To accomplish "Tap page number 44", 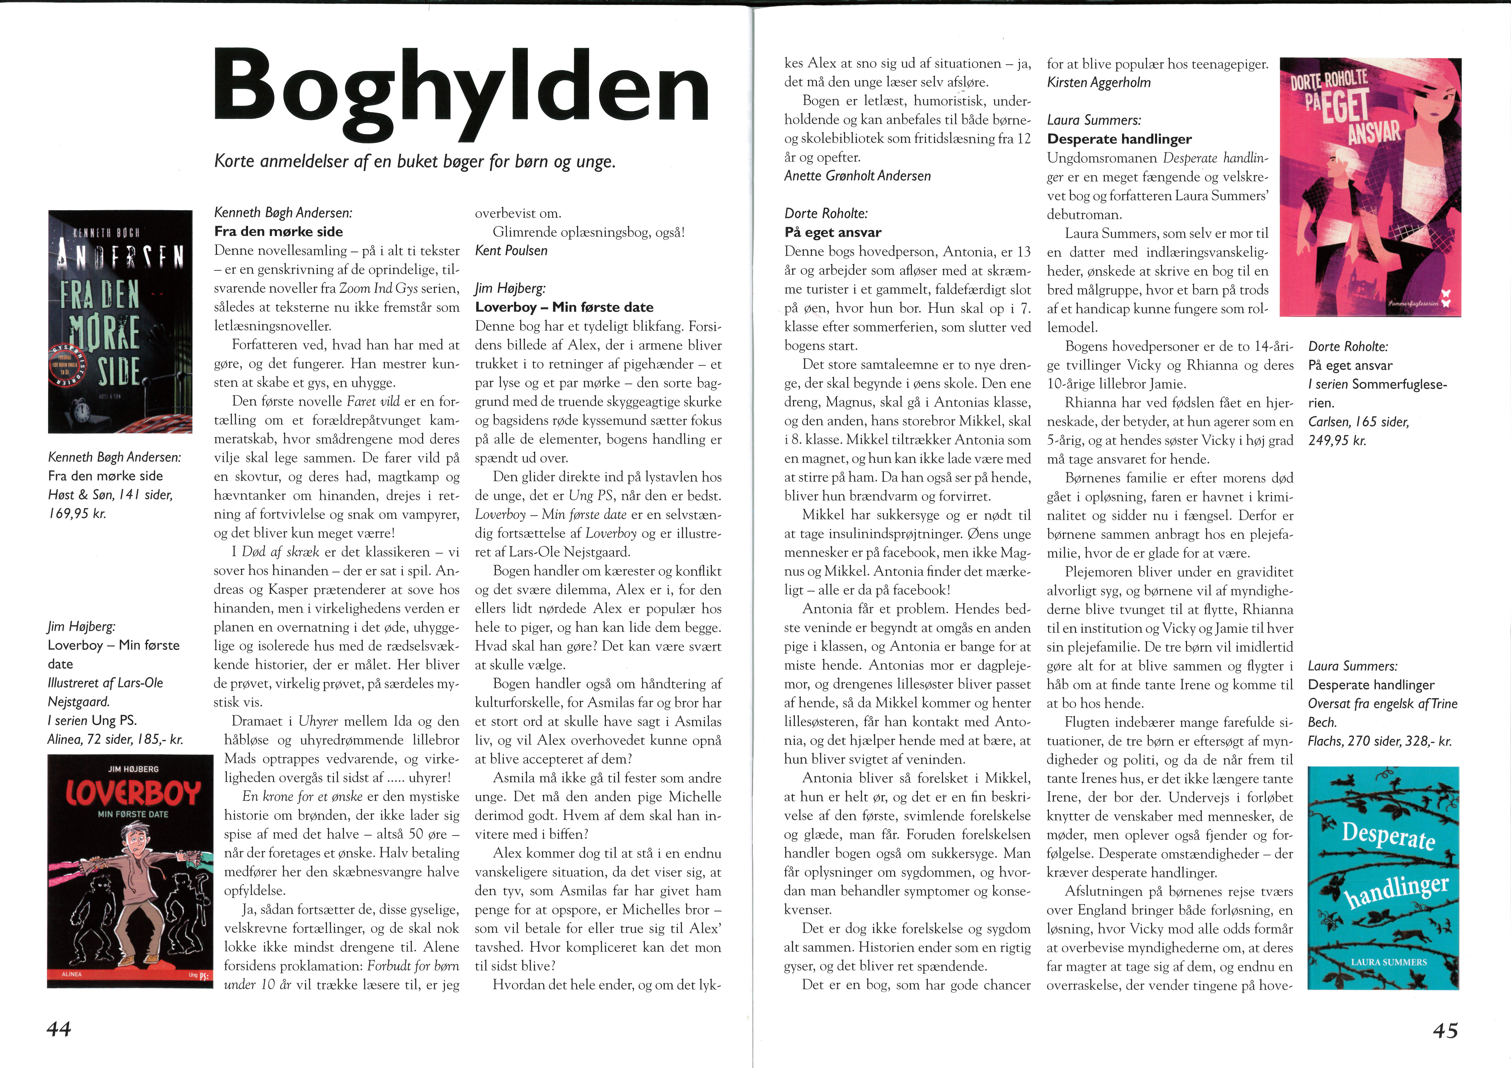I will click(58, 1028).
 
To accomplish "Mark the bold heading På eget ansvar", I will click(832, 232).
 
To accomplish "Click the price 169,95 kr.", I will click(77, 513).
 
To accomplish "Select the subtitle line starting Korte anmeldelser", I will click(415, 161).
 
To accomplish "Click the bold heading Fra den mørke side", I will click(278, 232).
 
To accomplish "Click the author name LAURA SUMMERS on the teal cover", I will click(1389, 962).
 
